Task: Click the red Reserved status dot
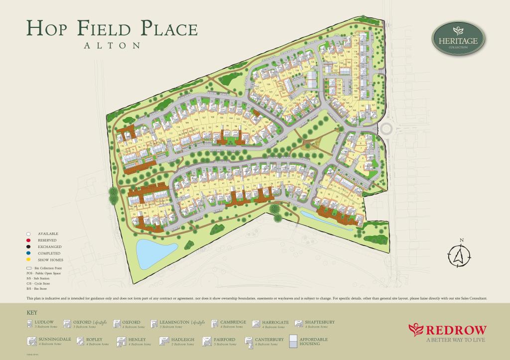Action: (x=29, y=240)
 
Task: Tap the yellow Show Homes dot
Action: (x=29, y=259)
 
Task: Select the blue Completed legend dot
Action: (x=29, y=253)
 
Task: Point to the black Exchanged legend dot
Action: (x=29, y=246)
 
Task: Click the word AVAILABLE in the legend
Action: (x=48, y=234)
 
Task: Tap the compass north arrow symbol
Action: (x=458, y=255)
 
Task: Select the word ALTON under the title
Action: (x=112, y=45)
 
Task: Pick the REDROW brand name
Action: (x=452, y=330)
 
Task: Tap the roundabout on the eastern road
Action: (x=387, y=129)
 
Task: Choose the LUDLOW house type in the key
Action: (x=45, y=322)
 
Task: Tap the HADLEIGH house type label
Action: (x=184, y=340)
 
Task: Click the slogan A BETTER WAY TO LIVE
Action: (x=455, y=341)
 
